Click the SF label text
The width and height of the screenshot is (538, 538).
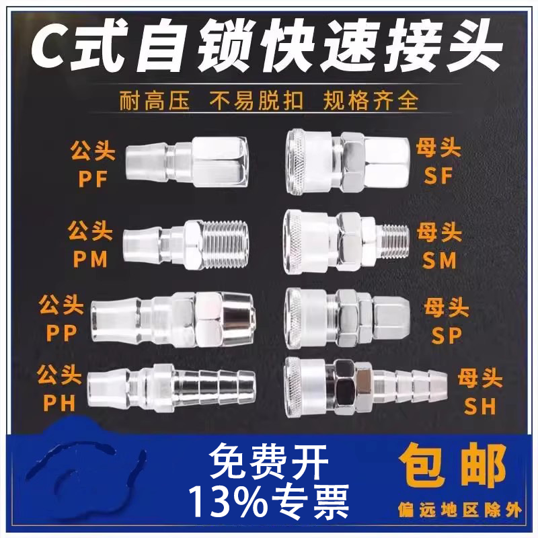[x=441, y=176]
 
